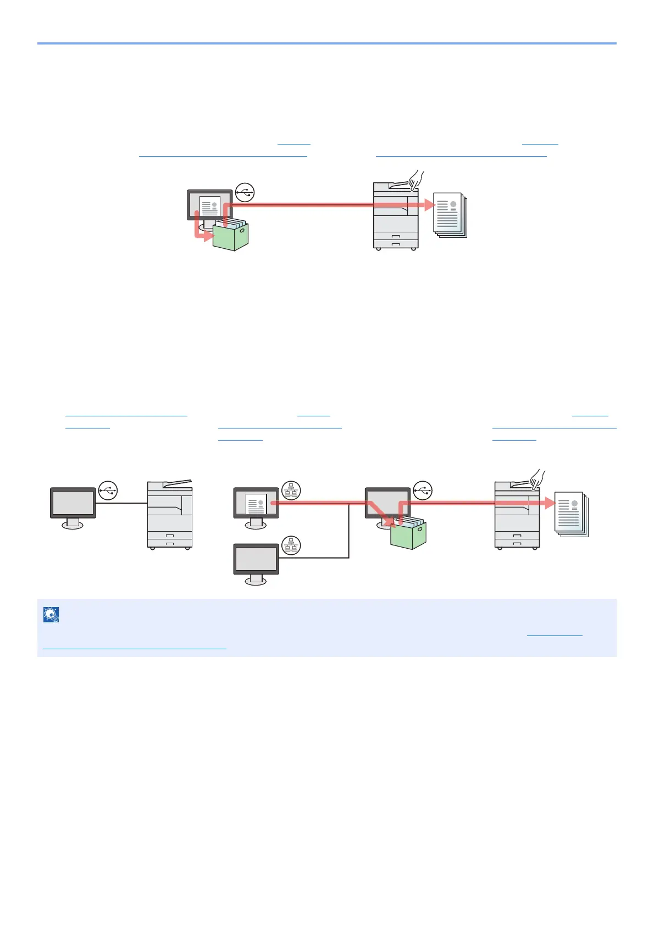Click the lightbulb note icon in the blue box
pos(51,615)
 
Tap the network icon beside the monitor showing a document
pos(291,490)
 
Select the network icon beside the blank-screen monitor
pos(291,545)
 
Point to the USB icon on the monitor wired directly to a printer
pos(108,490)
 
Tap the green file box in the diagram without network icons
pos(231,236)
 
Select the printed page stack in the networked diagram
pos(571,514)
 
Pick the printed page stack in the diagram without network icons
pos(450,215)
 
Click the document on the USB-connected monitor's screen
pos(209,207)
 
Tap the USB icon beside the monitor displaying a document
pos(245,192)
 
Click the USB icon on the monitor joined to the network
pos(423,490)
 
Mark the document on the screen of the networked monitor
pos(256,503)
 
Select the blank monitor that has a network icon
pos(256,560)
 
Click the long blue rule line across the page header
pos(326,43)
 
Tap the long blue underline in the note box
pos(134,649)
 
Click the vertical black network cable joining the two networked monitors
pos(349,530)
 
